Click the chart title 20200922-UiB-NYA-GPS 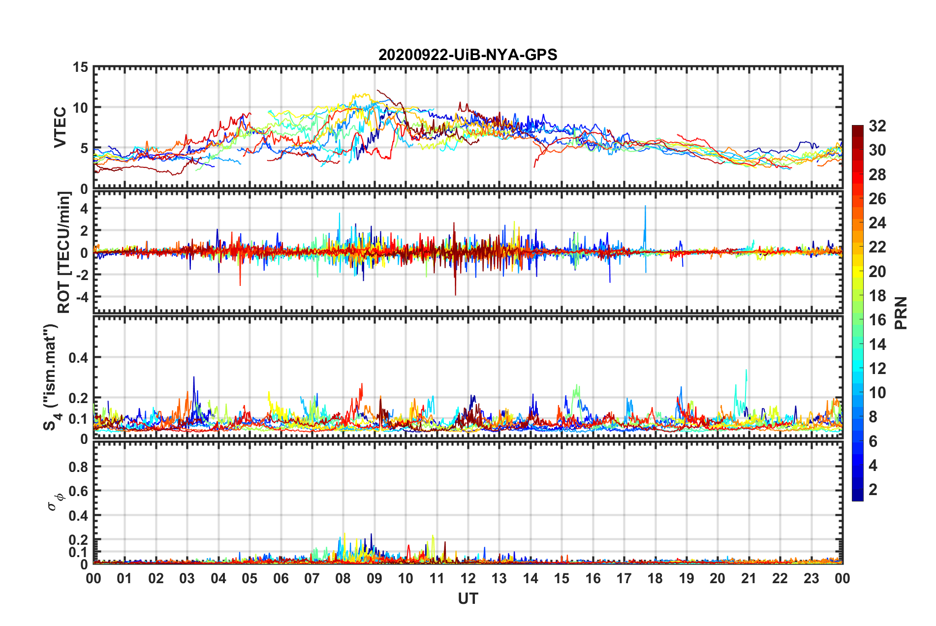point(468,55)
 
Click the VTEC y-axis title point(60,127)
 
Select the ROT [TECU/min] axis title point(64,252)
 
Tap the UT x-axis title point(468,598)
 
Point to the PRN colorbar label point(901,313)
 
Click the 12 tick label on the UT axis point(468,578)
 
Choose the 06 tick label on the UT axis point(281,578)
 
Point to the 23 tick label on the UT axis point(811,578)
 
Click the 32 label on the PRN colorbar point(877,126)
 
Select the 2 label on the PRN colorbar point(873,489)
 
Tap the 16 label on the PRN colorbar point(877,320)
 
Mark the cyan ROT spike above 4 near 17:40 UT point(645,207)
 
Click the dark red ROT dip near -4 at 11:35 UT point(455,294)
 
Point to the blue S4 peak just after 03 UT point(194,378)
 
